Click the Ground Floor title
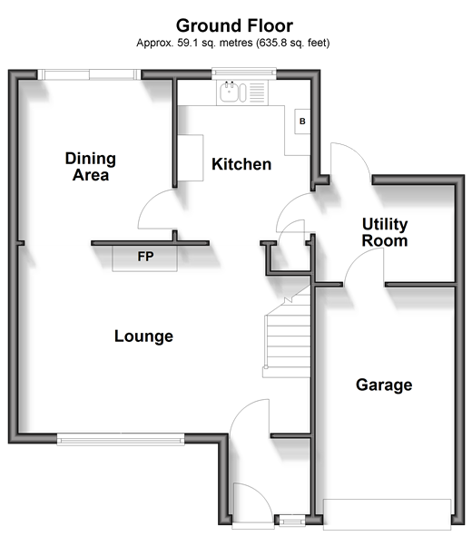[x=234, y=26]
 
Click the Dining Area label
[x=91, y=167]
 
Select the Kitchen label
[x=241, y=164]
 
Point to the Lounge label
[x=143, y=336]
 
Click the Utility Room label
[x=385, y=232]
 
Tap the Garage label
[x=384, y=385]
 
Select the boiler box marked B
[x=302, y=122]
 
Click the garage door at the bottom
[x=388, y=515]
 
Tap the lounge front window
[x=121, y=439]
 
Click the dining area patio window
[x=89, y=74]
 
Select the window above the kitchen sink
[x=244, y=72]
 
